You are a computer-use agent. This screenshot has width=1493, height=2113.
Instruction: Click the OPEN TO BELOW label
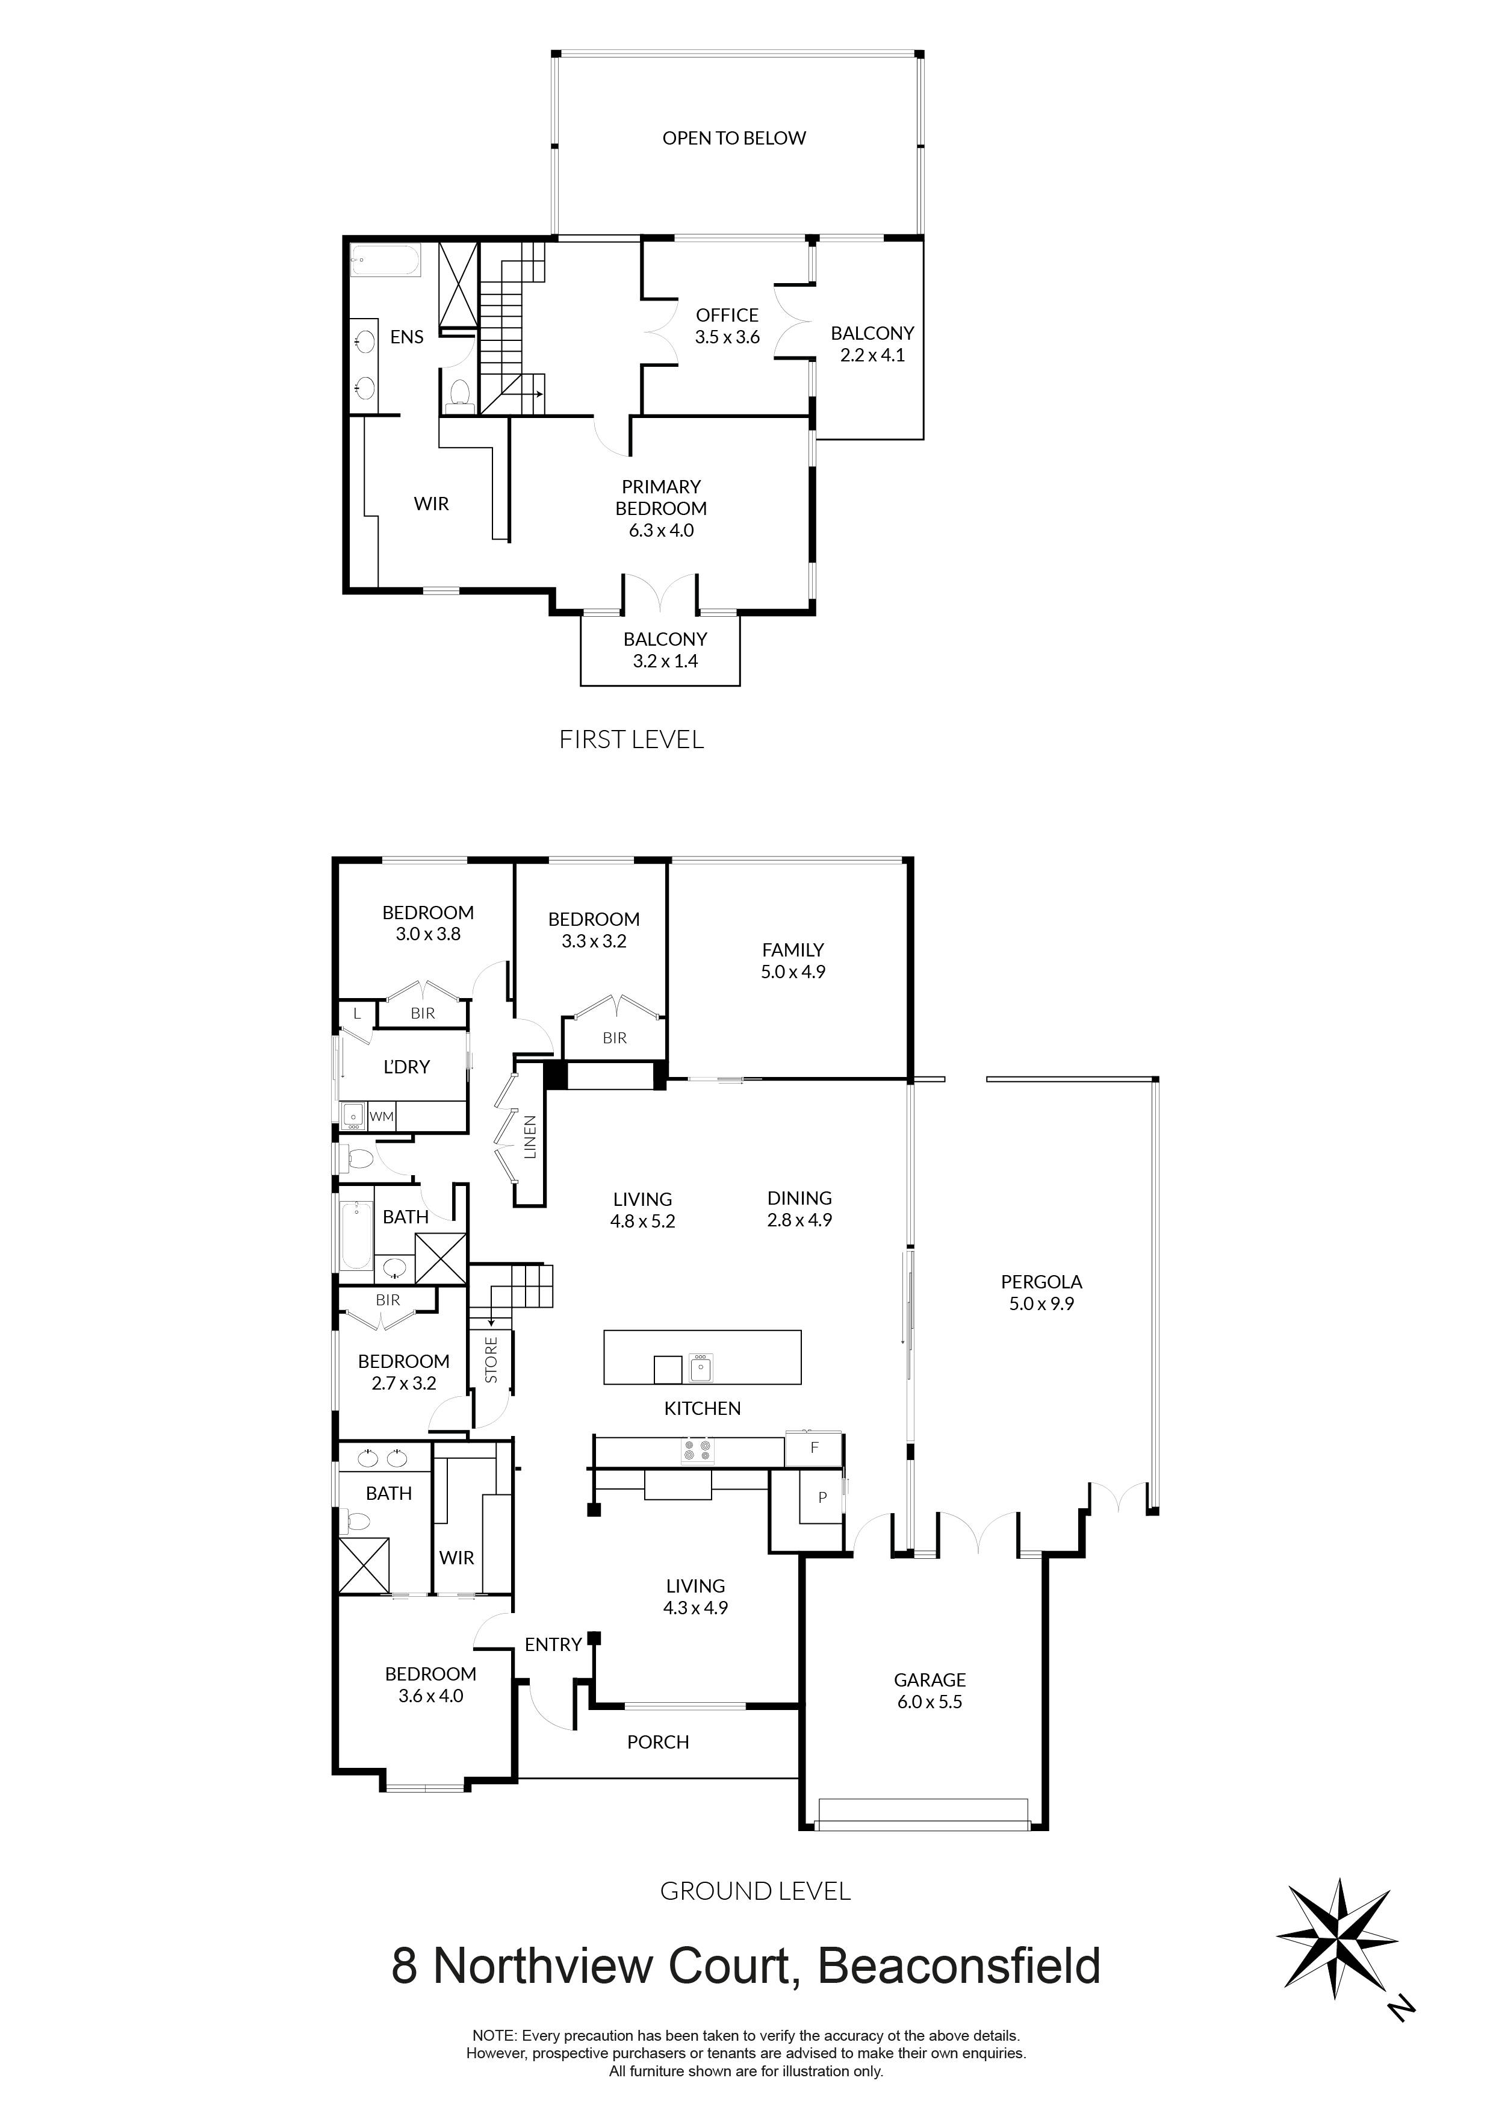pyautogui.click(x=733, y=138)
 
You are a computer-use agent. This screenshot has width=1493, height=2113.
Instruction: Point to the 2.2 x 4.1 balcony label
pyautogui.click(x=872, y=356)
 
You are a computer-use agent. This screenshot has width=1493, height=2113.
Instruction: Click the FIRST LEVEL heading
pyautogui.click(x=631, y=739)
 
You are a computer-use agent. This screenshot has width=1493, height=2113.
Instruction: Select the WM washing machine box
pyautogui.click(x=381, y=1116)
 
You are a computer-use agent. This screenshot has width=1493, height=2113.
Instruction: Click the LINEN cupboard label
pyautogui.click(x=530, y=1137)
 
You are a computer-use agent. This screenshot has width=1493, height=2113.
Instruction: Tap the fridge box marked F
pyautogui.click(x=813, y=1447)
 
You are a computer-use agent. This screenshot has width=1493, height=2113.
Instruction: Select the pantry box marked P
pyautogui.click(x=822, y=1497)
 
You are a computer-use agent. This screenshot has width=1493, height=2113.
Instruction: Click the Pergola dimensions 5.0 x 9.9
pyautogui.click(x=1041, y=1303)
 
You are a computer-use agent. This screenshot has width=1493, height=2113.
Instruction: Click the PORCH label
pyautogui.click(x=658, y=1741)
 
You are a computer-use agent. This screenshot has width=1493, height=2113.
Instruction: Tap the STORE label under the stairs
pyautogui.click(x=491, y=1360)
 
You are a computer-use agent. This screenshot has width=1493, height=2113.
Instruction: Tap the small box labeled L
pyautogui.click(x=357, y=1013)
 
